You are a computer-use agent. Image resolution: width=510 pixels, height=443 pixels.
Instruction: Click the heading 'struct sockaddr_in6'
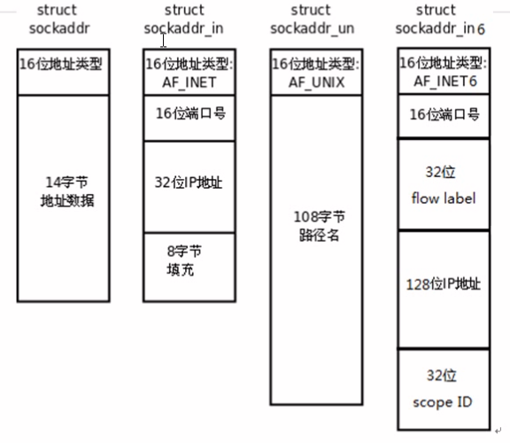(x=440, y=19)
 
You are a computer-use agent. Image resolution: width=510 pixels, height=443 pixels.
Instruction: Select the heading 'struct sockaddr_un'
(x=313, y=19)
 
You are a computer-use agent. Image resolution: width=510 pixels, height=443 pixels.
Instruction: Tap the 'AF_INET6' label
(x=445, y=81)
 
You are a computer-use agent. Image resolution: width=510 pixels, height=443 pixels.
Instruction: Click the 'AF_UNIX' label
(x=316, y=82)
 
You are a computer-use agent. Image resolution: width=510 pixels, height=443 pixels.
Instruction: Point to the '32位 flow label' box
(x=444, y=184)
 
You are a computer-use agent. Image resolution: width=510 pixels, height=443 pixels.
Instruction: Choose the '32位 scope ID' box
(x=444, y=389)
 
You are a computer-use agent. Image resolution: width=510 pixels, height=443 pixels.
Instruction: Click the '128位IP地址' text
(x=444, y=284)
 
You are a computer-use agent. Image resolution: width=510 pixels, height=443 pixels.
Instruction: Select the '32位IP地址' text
(x=189, y=183)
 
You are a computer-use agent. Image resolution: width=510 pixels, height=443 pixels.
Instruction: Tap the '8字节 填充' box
(x=189, y=268)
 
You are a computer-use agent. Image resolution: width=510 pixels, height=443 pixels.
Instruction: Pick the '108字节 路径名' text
(x=319, y=226)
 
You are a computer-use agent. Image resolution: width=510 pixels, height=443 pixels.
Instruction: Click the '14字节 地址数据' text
(x=67, y=191)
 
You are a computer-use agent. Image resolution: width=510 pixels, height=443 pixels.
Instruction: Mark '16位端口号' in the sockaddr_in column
(x=190, y=113)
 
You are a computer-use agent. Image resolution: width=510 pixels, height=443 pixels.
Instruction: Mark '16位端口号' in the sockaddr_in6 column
(x=444, y=114)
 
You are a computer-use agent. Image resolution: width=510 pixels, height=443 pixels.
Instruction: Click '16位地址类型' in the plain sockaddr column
(x=61, y=64)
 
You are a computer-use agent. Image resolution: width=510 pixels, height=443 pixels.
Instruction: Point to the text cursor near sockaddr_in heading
(x=163, y=41)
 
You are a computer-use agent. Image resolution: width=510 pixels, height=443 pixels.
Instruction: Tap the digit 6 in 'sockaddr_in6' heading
(x=481, y=29)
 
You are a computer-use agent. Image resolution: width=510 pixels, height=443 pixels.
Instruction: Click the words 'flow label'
(x=444, y=198)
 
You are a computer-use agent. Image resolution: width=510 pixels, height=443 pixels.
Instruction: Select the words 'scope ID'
(x=443, y=402)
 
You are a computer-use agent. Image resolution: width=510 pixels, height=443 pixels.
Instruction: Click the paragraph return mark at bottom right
(x=498, y=431)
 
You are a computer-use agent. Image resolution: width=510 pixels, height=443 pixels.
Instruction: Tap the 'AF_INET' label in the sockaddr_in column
(x=189, y=82)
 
